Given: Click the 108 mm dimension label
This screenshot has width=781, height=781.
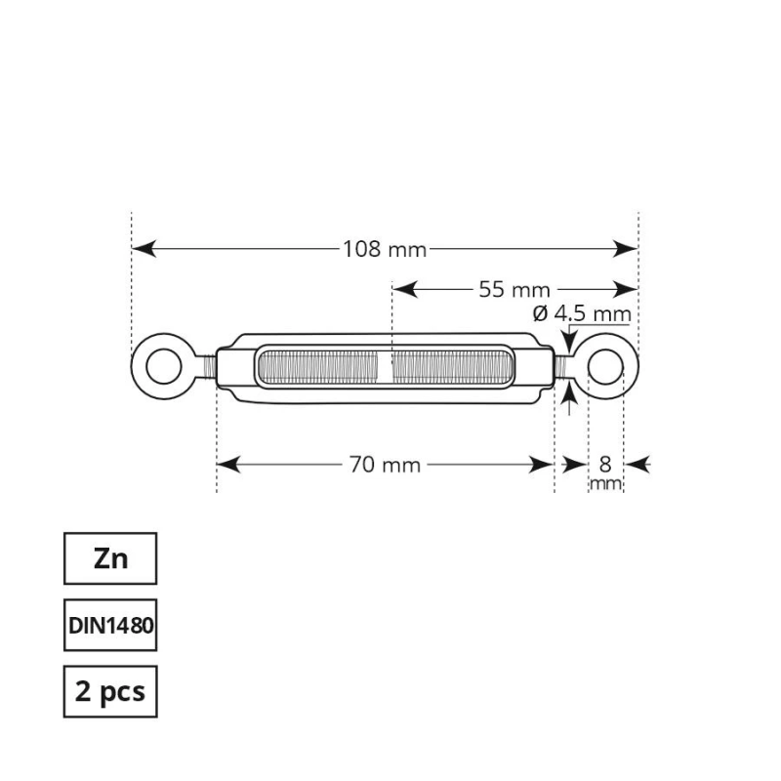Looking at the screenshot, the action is (385, 249).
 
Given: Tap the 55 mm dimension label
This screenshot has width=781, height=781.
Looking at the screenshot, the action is (514, 289).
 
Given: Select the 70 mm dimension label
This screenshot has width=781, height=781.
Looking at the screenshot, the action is (385, 465).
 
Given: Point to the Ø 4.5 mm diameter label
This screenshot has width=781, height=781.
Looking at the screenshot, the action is (582, 313).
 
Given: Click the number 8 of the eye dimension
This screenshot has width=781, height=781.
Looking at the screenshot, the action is (605, 465).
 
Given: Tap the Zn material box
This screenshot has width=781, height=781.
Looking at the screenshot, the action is (110, 558).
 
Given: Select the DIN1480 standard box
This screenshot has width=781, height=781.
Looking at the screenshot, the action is (110, 625).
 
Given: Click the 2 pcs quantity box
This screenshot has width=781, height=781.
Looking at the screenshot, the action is (110, 691).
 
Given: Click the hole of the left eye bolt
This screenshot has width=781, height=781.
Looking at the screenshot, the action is (164, 367).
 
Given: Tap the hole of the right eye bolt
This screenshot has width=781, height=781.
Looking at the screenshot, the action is (605, 367).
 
